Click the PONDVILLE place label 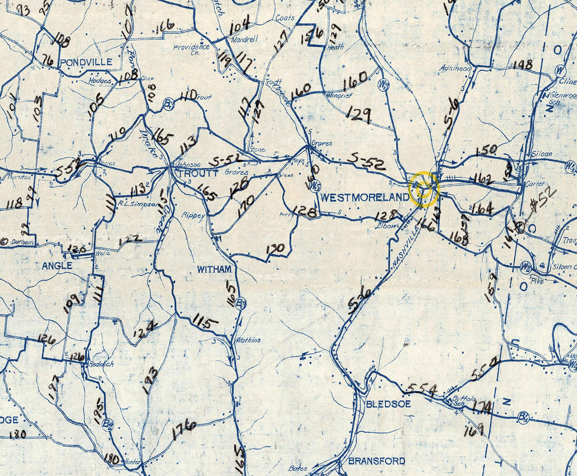pyautogui.click(x=87, y=62)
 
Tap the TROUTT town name pyautogui.click(x=199, y=173)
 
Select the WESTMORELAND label pyautogui.click(x=365, y=197)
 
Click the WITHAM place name pyautogui.click(x=214, y=269)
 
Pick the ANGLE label pyautogui.click(x=57, y=266)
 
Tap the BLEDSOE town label pyautogui.click(x=388, y=404)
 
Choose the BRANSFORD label pyautogui.click(x=377, y=461)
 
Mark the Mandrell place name pyautogui.click(x=243, y=41)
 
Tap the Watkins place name pyautogui.click(x=248, y=340)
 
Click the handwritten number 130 pyautogui.click(x=276, y=249)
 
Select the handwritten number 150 pyautogui.click(x=486, y=151)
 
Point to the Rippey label pyautogui.click(x=193, y=215)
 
